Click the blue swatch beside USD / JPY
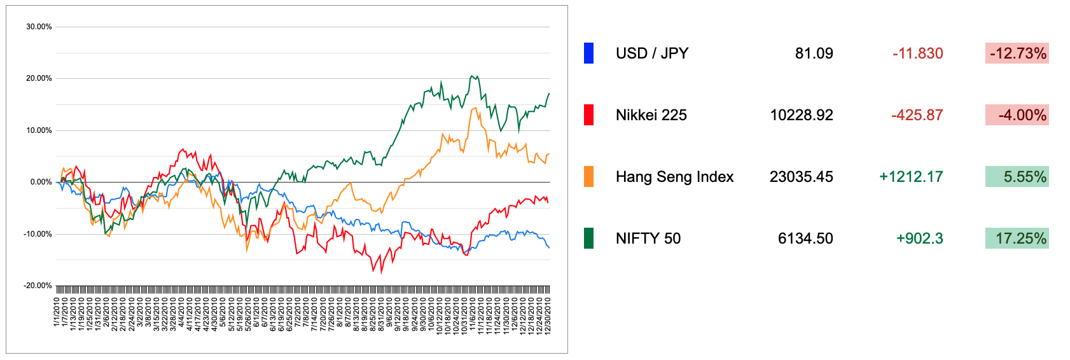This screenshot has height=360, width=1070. [x=588, y=53]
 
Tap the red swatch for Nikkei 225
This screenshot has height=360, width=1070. [x=588, y=115]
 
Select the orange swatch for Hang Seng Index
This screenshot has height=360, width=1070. [x=588, y=177]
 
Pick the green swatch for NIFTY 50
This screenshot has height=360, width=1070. [x=588, y=239]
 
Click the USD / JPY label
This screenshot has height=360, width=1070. [x=652, y=53]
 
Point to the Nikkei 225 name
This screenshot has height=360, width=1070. [x=651, y=115]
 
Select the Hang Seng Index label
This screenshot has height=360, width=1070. [x=674, y=177]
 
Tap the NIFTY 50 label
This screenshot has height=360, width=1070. [x=648, y=239]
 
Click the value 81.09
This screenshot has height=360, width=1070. [x=814, y=53]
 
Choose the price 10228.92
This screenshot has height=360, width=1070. [x=802, y=115]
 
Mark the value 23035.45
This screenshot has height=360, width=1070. [x=802, y=177]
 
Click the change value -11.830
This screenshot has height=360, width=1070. [x=917, y=53]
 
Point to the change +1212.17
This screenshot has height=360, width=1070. [x=911, y=177]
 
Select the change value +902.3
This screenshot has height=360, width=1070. [x=919, y=239]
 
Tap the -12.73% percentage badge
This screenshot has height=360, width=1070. [x=1017, y=53]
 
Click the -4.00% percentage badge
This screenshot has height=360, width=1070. [x=1017, y=115]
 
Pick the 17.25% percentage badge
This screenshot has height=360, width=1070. [x=1017, y=239]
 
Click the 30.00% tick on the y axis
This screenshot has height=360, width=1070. [x=39, y=27]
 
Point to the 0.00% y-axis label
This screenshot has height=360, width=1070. [x=41, y=182]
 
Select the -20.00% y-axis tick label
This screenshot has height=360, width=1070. [x=38, y=286]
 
